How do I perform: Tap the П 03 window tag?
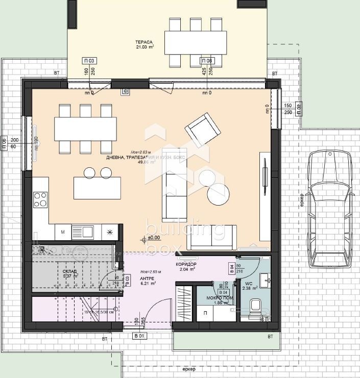(x=89, y=61)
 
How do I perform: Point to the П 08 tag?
(x=206, y=61)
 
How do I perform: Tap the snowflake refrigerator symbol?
(x=109, y=232)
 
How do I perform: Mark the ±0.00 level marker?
(x=153, y=237)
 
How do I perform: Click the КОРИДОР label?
(x=186, y=264)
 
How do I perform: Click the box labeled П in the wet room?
(x=205, y=313)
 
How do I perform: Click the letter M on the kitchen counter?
(x=63, y=232)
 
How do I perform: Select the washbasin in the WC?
(x=266, y=280)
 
